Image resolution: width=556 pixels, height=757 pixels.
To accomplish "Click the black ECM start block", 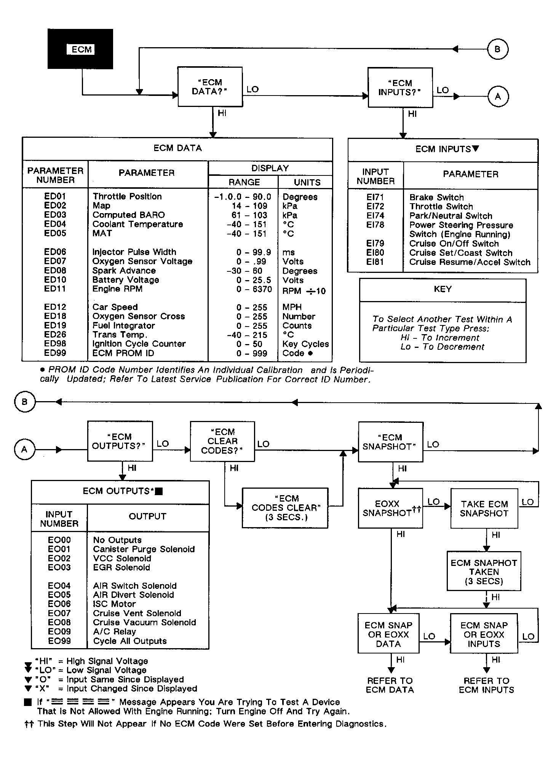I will coord(80,49).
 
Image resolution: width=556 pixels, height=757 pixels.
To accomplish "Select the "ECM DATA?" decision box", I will coord(210,87).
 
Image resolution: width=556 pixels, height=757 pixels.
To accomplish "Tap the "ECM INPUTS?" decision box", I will coord(399,88).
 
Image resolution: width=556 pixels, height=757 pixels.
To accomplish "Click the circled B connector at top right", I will coord(497,49).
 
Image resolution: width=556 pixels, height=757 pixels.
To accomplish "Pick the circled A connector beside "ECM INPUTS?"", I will coord(498,97).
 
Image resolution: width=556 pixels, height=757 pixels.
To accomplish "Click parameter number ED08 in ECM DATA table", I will coord(55,271).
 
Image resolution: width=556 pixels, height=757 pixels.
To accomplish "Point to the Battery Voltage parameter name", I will coord(126,280).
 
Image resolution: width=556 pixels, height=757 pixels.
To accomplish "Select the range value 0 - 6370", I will coord(254,289).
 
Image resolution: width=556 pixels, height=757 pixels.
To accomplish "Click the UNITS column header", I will coord(307,182).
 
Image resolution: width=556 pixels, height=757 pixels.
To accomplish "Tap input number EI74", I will coord(375,216).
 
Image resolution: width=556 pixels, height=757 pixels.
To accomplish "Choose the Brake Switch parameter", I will coord(436,198).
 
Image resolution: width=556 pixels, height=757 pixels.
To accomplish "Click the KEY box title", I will coord(443,289).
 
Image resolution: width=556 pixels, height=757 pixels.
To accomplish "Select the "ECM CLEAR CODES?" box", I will coord(222,441).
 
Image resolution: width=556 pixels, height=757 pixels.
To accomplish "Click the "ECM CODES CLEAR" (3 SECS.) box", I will coord(285,508).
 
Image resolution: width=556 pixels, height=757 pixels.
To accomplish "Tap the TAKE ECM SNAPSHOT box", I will coord(484,508).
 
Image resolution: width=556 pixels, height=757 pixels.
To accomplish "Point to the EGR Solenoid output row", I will coord(121,567).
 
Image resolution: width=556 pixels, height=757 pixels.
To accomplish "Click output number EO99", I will coord(59,641).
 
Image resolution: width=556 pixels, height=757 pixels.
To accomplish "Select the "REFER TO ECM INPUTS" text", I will coord(486,685).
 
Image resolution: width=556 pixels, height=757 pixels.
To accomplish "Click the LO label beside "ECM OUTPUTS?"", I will coord(163,444).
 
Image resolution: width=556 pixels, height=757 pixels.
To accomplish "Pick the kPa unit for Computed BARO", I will coord(289,215).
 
